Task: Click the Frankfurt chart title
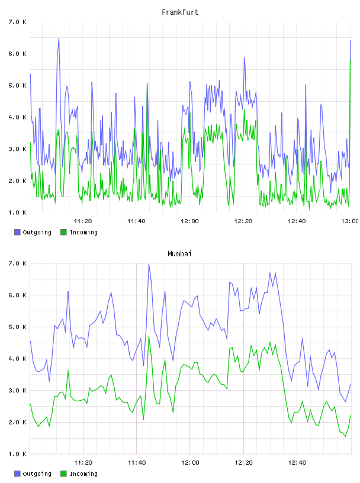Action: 180,12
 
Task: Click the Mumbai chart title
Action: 179,254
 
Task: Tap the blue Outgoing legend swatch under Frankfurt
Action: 17,232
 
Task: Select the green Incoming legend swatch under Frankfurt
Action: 63,232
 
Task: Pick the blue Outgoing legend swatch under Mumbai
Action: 17,474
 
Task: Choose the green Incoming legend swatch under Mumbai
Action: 63,474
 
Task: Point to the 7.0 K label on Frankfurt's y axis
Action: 18,22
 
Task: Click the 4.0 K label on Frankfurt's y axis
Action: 18,117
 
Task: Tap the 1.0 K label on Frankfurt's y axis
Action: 18,212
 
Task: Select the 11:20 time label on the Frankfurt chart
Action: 83,221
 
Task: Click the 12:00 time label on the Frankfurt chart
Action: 190,221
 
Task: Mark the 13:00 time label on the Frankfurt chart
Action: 350,221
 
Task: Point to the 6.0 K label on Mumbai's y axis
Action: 18,295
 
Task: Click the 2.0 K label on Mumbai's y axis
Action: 18,422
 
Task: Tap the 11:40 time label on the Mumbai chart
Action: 137,463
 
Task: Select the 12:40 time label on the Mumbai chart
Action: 297,463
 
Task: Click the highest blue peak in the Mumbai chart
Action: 149,265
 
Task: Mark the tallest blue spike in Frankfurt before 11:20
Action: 59,38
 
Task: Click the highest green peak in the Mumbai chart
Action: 149,337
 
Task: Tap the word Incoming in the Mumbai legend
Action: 83,474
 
